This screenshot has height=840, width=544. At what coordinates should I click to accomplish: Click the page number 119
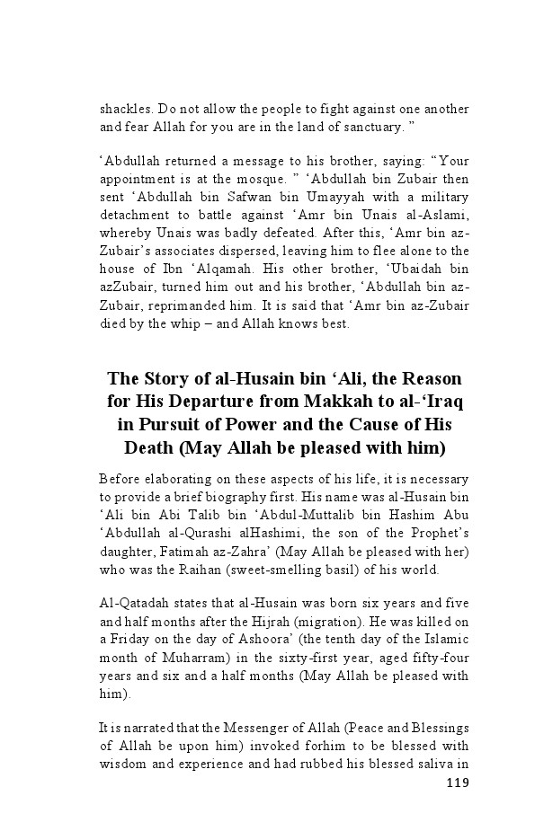point(458,783)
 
